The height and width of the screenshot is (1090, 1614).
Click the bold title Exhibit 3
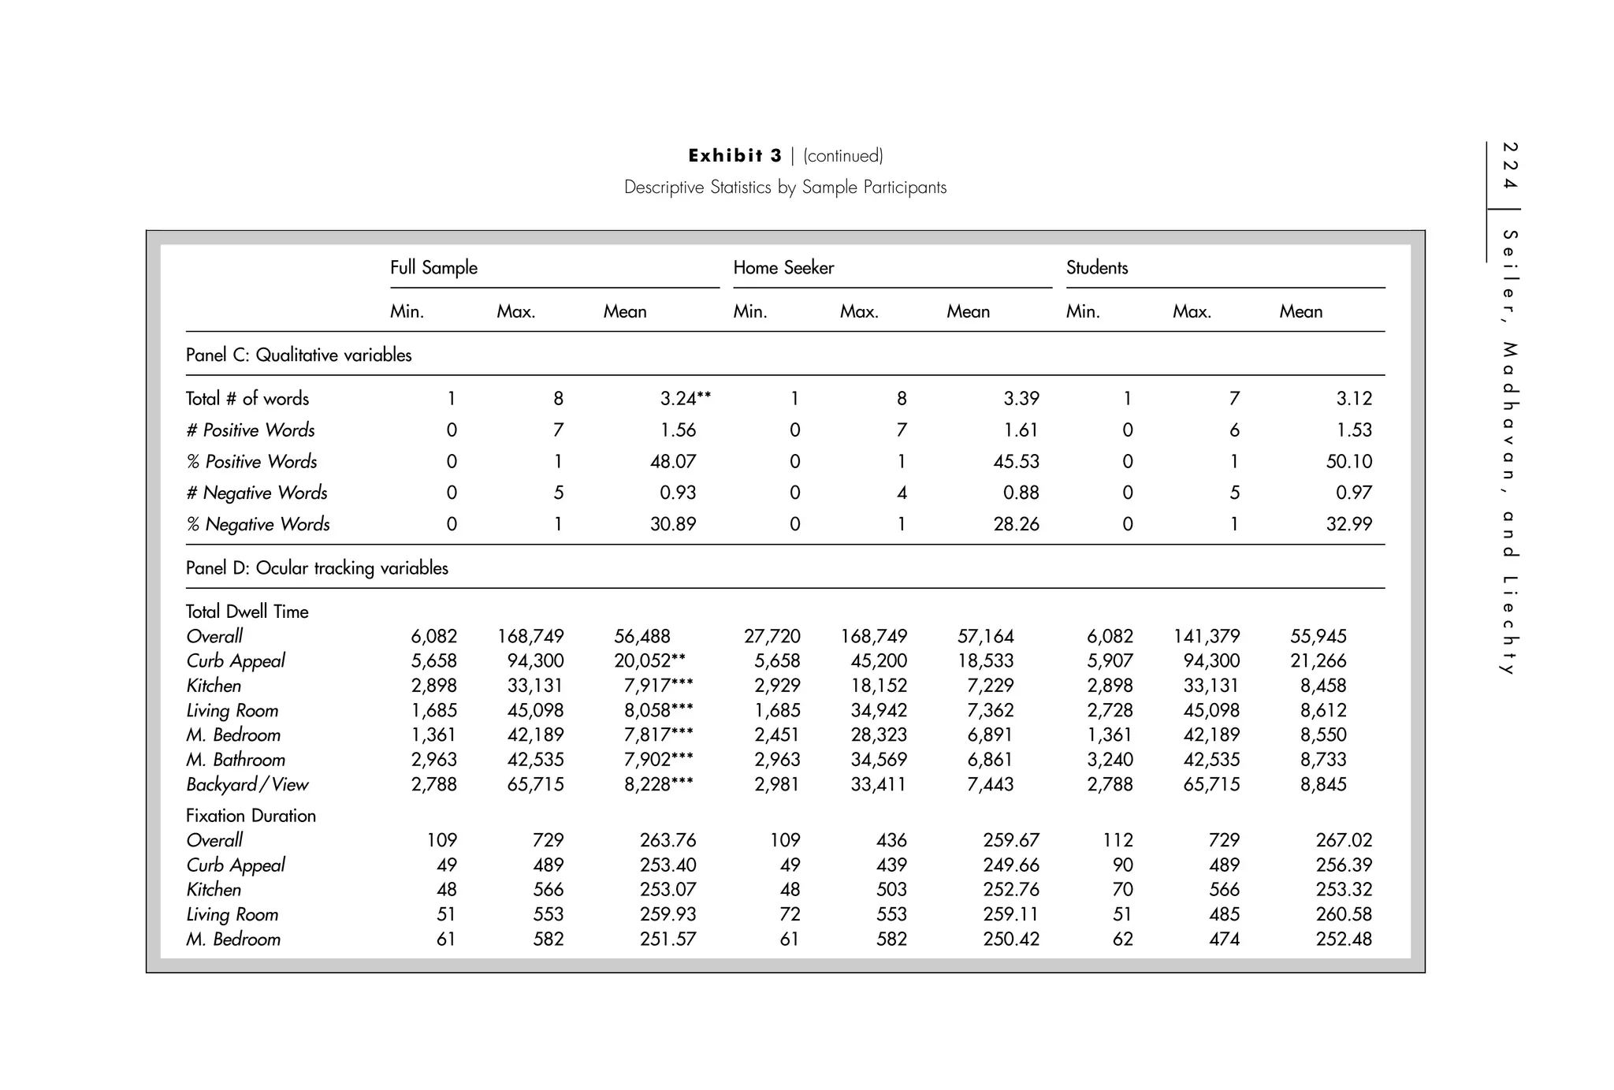[x=734, y=155]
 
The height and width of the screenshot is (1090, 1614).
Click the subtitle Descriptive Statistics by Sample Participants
[x=785, y=188]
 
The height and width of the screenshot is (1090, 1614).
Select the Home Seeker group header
[x=783, y=268]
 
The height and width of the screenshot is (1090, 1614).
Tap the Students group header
[x=1096, y=268]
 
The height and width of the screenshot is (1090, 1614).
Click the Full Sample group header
[x=433, y=268]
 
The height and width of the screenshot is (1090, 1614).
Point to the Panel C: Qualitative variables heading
[x=299, y=355]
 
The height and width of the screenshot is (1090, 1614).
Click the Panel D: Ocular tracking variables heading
[x=317, y=568]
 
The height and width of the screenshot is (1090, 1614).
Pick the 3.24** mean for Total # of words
[x=685, y=399]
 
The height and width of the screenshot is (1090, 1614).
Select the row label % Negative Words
[x=258, y=524]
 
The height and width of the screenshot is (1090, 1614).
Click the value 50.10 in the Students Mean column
[x=1348, y=462]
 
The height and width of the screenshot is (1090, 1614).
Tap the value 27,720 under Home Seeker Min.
[x=772, y=637]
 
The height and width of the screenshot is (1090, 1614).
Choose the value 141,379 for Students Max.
[x=1206, y=637]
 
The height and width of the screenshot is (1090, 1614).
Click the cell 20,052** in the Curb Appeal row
[x=649, y=661]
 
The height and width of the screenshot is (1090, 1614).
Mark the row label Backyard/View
[x=247, y=785]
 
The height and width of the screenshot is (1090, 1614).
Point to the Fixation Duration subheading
[x=251, y=816]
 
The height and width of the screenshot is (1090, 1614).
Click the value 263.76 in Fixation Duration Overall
[x=668, y=841]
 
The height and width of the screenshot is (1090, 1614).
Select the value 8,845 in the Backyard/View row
[x=1322, y=785]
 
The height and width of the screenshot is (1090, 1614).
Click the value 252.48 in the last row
[x=1343, y=939]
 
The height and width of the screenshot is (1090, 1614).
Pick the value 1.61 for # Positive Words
[x=1021, y=430]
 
